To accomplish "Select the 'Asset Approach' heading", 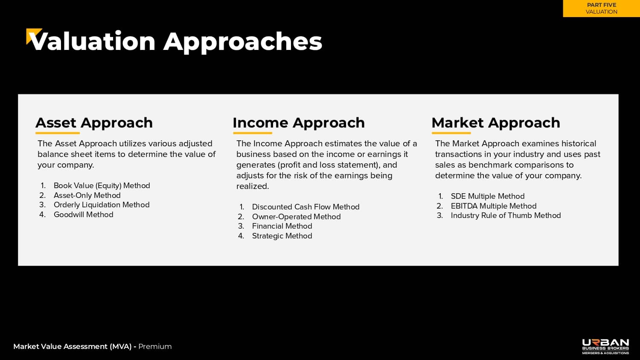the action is click(94, 123).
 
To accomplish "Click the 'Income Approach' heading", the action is click(299, 123).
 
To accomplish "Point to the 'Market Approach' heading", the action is click(496, 123).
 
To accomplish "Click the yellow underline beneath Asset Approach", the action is click(58, 133).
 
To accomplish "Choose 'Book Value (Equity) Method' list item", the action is click(102, 186).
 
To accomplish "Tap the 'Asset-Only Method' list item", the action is click(87, 195).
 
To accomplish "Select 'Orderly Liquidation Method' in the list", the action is click(102, 205).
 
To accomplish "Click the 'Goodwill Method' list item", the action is click(84, 215).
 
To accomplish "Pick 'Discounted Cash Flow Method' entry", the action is click(306, 207).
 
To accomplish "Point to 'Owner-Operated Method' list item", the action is click(296, 217).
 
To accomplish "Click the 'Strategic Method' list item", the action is click(282, 236).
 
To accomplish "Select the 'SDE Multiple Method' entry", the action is click(488, 196).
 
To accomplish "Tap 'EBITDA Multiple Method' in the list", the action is click(494, 206).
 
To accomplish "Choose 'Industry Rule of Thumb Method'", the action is click(506, 215).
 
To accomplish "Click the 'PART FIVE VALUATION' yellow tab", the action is click(602, 9).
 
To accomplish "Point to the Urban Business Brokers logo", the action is click(605, 347).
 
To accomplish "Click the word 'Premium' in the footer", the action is click(155, 347).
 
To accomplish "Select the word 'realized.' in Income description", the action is click(253, 186).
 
